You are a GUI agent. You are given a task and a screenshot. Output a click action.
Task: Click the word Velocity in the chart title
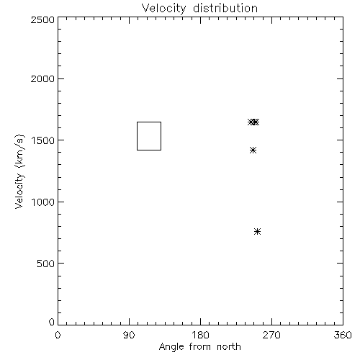(x=163, y=9)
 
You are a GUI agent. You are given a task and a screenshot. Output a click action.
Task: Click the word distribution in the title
(x=225, y=8)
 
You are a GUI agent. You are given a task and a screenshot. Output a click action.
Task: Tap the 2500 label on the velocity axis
(x=42, y=19)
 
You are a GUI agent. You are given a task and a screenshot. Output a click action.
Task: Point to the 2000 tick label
(x=42, y=78)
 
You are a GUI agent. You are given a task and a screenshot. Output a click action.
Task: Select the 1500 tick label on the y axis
(x=43, y=140)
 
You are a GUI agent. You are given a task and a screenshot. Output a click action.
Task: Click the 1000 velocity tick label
(x=43, y=202)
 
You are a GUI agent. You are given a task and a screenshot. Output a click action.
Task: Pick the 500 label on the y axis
(x=46, y=264)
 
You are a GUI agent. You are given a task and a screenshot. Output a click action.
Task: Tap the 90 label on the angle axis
(x=129, y=335)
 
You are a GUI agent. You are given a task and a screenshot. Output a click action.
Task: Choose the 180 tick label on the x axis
(x=200, y=335)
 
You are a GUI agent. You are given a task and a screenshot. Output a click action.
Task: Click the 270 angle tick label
(x=271, y=335)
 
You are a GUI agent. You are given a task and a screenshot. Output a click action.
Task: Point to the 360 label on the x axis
(x=343, y=335)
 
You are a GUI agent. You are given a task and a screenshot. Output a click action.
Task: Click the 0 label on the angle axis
(x=58, y=335)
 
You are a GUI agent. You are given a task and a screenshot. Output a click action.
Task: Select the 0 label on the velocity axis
(x=52, y=322)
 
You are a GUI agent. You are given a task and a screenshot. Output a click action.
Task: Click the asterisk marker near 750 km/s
(x=257, y=232)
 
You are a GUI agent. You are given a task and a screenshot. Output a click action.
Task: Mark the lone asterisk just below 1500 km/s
(x=253, y=150)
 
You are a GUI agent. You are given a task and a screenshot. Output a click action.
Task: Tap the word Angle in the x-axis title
(x=171, y=347)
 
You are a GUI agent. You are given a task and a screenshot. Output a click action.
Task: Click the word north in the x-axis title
(x=229, y=347)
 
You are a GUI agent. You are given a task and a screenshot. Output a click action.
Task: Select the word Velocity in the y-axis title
(x=19, y=191)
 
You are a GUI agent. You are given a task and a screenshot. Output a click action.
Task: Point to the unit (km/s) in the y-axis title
(x=19, y=151)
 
